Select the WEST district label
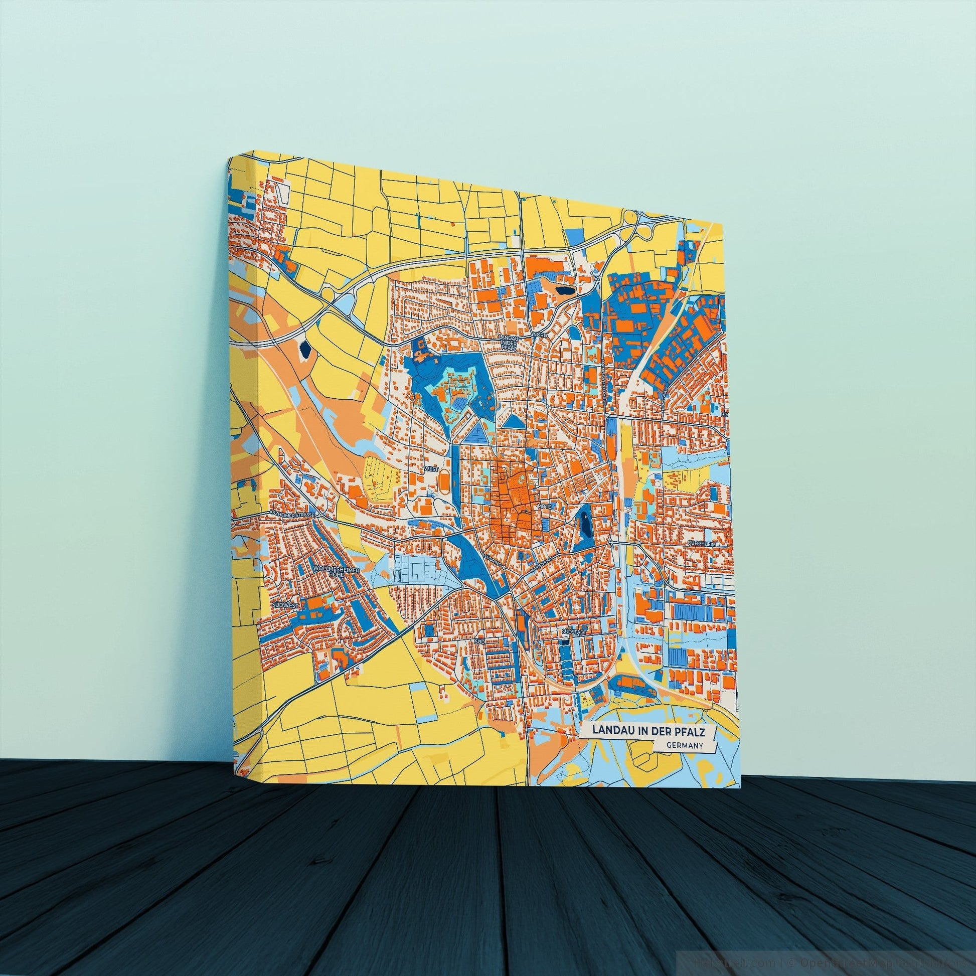(432, 469)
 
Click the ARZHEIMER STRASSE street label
(292, 513)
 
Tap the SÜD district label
(479, 640)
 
